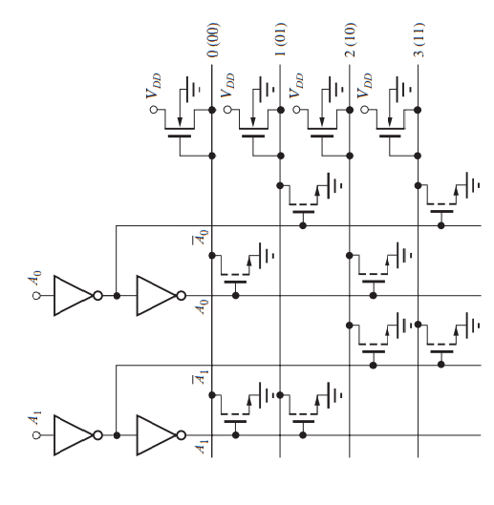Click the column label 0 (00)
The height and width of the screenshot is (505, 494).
point(212,40)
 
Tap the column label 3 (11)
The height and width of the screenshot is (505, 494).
point(419,40)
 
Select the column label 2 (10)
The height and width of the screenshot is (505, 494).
point(350,40)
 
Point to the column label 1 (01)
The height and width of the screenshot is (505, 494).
point(281,40)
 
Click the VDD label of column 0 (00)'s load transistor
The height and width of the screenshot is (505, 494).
point(154,86)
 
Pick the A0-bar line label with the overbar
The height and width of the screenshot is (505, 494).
point(201,237)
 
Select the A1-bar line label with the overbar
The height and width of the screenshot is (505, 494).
point(201,377)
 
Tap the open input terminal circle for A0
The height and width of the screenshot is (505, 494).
point(36,296)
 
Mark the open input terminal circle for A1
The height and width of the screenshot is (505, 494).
point(36,435)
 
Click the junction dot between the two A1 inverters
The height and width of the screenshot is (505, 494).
point(117,435)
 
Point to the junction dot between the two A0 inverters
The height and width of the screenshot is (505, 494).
point(117,296)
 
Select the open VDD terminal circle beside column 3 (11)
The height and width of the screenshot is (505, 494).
point(364,110)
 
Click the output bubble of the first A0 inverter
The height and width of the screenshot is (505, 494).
point(98,296)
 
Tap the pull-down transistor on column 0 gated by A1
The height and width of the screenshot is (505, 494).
point(235,414)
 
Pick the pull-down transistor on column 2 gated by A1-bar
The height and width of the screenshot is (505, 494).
point(373,344)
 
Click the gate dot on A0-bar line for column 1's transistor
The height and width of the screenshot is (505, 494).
point(303,225)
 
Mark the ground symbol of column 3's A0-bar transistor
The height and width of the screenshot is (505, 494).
point(473,185)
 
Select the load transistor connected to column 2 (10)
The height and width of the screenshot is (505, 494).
point(322,129)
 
